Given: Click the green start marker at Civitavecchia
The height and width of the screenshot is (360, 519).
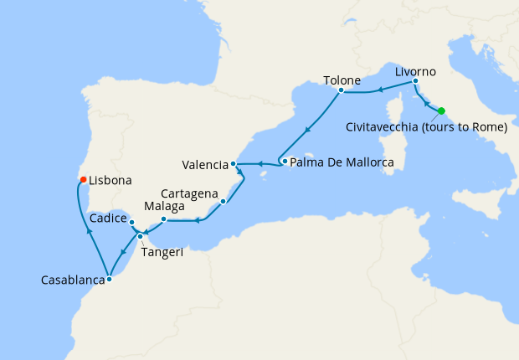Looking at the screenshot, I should (x=441, y=111).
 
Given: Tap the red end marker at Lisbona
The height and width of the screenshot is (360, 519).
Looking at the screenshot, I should (x=82, y=179).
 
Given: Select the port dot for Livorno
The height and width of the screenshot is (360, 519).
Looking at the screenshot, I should (x=415, y=81).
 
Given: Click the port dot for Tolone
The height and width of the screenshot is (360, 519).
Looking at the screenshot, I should (x=342, y=90).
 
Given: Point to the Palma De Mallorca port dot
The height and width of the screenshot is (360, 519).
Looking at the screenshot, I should (x=285, y=162).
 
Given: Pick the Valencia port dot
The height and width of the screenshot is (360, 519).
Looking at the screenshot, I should (x=234, y=163).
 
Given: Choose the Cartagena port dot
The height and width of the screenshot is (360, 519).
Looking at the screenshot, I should (x=223, y=201).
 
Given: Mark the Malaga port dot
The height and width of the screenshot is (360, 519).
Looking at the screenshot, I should (x=164, y=219).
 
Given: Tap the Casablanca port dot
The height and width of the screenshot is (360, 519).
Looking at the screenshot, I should (x=109, y=280).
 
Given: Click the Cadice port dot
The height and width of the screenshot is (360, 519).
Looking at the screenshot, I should (x=132, y=222).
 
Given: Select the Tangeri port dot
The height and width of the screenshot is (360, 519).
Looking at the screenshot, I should (x=140, y=236).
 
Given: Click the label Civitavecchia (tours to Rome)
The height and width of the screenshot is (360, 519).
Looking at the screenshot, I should (x=426, y=128).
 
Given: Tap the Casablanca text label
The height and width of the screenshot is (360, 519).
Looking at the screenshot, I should (x=71, y=281).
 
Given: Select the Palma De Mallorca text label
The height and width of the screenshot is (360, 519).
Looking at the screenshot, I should (x=342, y=162).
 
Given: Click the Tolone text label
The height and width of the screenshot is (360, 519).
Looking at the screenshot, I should (x=342, y=81).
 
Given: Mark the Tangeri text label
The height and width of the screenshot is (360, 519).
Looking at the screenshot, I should (x=162, y=252).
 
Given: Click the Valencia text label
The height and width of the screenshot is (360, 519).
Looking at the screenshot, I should (x=205, y=164).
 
